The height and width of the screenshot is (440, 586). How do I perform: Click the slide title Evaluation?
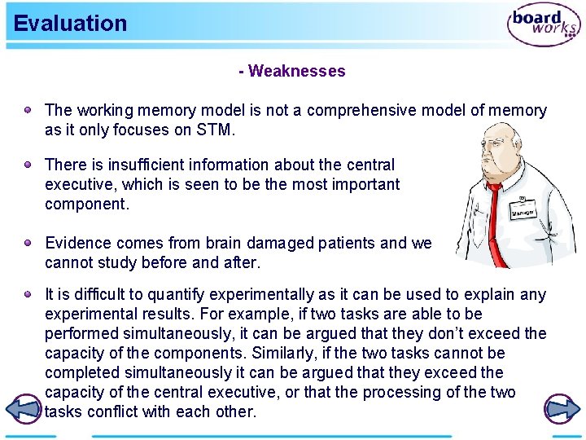click(71, 23)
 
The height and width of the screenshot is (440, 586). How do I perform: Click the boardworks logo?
click(544, 25)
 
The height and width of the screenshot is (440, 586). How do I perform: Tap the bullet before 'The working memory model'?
click(28, 109)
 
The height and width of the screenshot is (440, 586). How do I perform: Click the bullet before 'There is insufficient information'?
click(28, 165)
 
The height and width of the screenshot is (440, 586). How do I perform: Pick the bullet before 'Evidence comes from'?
click(28, 243)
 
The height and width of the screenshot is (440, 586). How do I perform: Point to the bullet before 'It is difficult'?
click(28, 294)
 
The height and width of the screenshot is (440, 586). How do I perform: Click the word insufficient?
click(136, 165)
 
